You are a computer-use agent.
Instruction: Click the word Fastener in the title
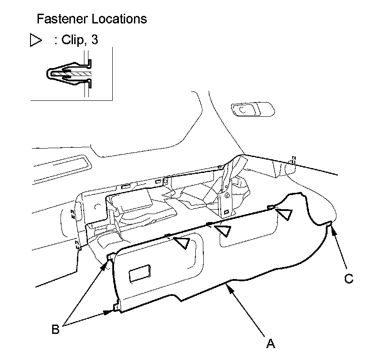[x=62, y=19]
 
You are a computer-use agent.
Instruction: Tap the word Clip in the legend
[x=72, y=40]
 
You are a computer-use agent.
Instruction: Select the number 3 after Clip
[x=95, y=40]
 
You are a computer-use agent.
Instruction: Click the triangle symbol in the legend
[x=35, y=40]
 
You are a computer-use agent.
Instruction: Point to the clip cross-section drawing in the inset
[x=69, y=74]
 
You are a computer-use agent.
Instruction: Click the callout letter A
[x=271, y=344]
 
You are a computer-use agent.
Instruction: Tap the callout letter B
[x=56, y=329]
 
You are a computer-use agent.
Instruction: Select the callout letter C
[x=349, y=279]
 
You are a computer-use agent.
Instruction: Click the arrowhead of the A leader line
[x=230, y=290]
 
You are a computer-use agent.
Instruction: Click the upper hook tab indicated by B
[x=111, y=257]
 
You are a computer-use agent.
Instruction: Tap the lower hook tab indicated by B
[x=116, y=307]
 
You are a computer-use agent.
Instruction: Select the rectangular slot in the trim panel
[x=140, y=273]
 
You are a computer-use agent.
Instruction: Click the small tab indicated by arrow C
[x=329, y=224]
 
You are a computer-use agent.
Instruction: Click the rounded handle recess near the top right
[x=253, y=109]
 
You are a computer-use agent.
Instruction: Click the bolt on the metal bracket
[x=227, y=196]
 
